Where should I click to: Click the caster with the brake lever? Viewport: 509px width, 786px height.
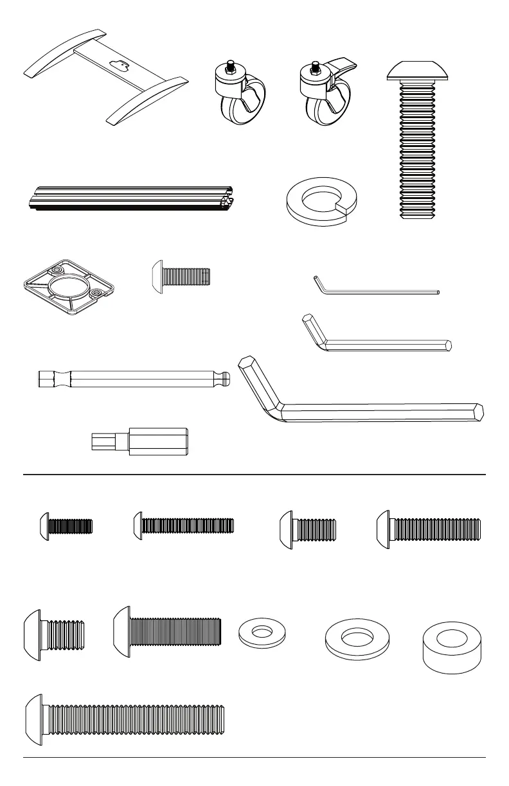tap(328, 96)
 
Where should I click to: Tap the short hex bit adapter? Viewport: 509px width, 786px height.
tap(139, 442)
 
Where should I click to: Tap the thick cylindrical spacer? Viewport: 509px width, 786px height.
tap(452, 647)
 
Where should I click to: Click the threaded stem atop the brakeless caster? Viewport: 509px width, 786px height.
tap(229, 65)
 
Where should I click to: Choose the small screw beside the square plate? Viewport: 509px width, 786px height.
tap(181, 276)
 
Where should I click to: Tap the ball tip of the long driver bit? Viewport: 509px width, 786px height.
tap(226, 380)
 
